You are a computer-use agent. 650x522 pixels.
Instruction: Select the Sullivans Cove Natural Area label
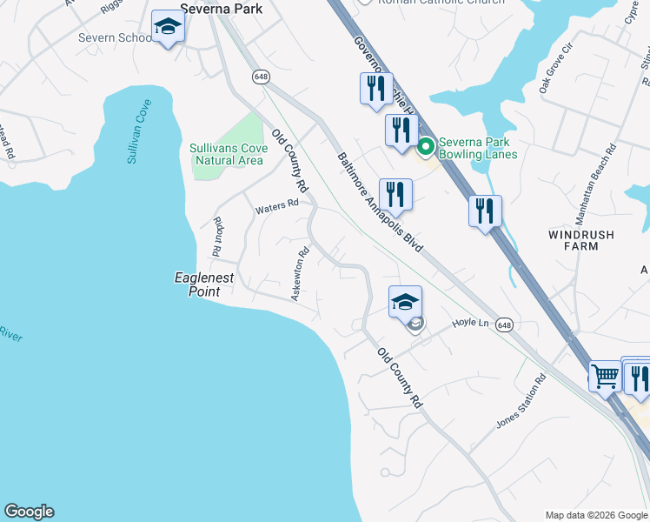(226, 154)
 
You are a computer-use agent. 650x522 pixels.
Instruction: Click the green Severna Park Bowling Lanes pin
(426, 147)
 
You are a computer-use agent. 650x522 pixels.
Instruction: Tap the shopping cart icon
(606, 377)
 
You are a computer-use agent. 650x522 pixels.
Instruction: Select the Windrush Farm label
(581, 240)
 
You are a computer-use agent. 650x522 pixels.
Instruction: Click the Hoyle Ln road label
(470, 323)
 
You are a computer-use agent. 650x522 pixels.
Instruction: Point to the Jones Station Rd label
(521, 401)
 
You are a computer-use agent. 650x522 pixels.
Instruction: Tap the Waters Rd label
(276, 207)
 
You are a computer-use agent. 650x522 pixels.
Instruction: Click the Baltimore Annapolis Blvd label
(379, 203)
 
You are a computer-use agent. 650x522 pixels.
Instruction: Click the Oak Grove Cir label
(557, 67)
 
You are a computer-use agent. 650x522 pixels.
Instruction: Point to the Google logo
(29, 512)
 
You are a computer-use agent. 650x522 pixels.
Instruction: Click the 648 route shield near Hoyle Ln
(504, 325)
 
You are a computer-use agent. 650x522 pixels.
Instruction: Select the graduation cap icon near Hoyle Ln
(404, 302)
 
